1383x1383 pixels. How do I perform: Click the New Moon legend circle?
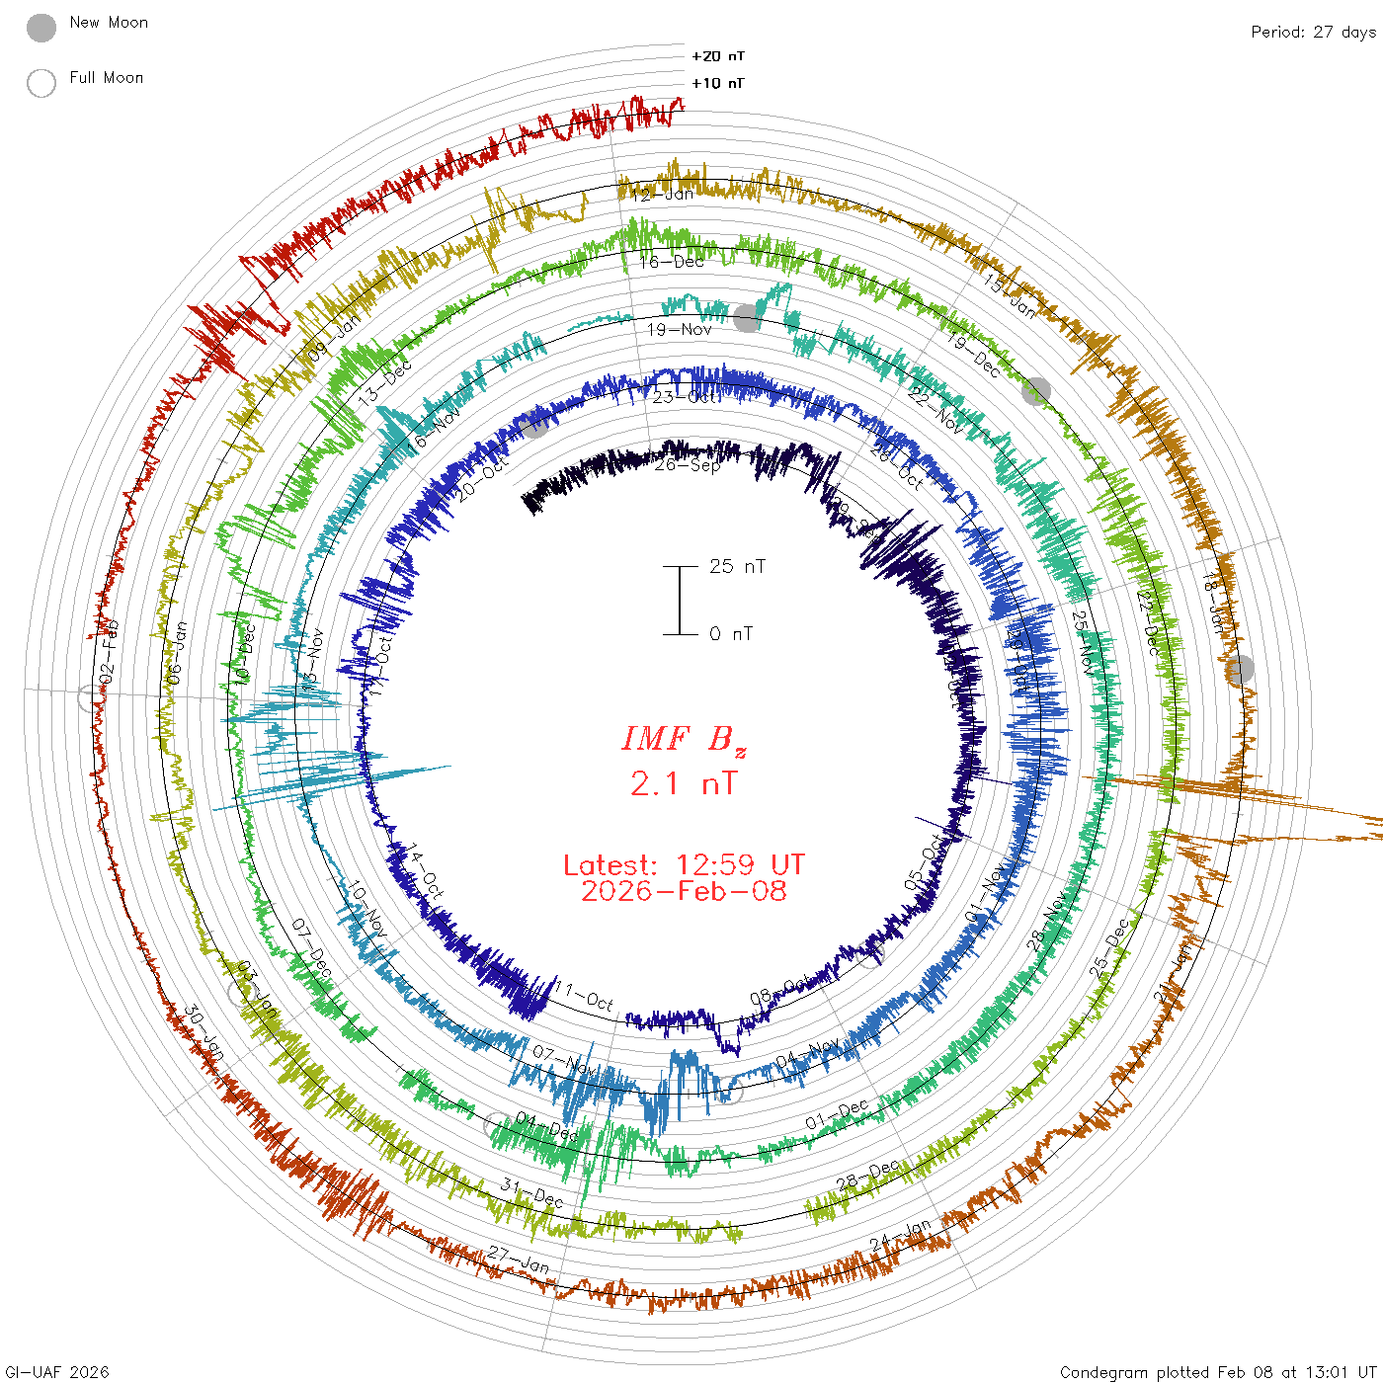(x=41, y=29)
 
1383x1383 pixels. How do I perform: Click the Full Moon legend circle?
(x=41, y=83)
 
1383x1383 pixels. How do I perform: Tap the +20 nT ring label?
(x=718, y=56)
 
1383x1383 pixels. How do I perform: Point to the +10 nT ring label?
(x=718, y=83)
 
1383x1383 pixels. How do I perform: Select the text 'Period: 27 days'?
(x=1313, y=32)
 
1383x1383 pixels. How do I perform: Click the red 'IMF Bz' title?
(x=684, y=739)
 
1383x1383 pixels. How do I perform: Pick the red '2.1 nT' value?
(x=684, y=783)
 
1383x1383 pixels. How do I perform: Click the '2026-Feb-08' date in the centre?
(x=684, y=891)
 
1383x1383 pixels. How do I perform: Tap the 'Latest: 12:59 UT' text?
(x=684, y=865)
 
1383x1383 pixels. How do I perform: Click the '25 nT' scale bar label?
(x=737, y=566)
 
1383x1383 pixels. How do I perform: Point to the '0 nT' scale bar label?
(x=731, y=633)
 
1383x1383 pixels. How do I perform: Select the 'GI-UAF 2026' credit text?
(x=57, y=1372)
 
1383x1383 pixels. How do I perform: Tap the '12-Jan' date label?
(x=663, y=194)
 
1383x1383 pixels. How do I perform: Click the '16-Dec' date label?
(x=672, y=262)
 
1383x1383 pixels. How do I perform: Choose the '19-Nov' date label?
(x=680, y=329)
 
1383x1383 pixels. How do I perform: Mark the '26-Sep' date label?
(x=688, y=464)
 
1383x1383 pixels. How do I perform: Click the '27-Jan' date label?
(x=519, y=1261)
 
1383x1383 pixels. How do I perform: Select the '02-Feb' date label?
(x=109, y=650)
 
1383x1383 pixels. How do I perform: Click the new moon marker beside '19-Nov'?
(x=747, y=317)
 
